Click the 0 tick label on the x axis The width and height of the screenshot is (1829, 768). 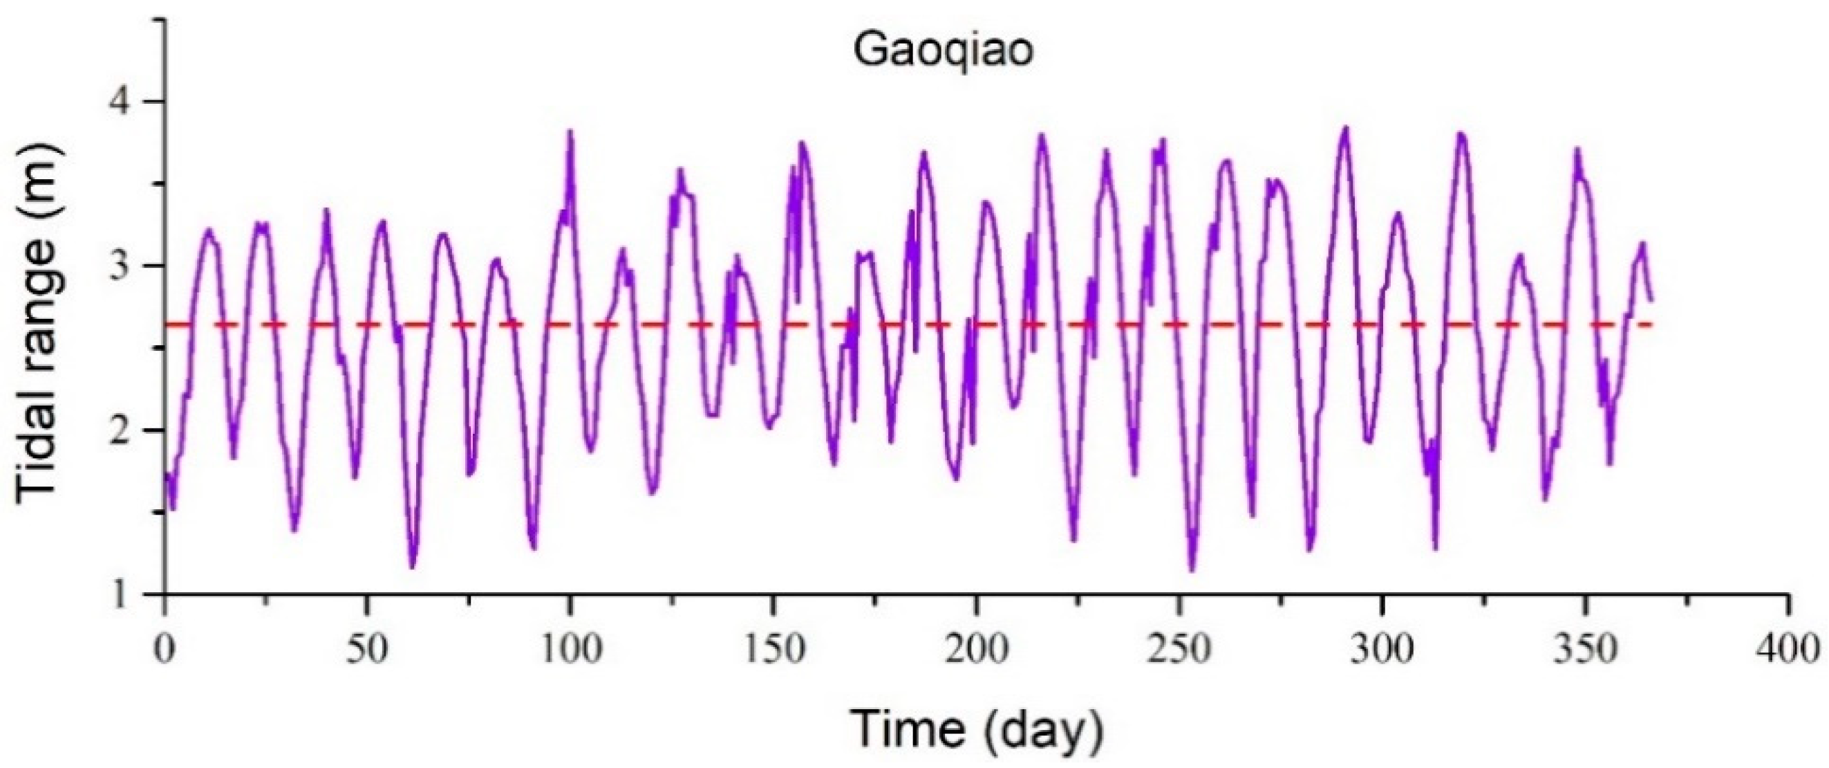click(165, 650)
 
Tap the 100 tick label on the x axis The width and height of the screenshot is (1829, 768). click(570, 650)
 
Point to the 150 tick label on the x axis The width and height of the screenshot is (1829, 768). click(773, 650)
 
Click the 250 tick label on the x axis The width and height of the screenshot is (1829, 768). click(1179, 650)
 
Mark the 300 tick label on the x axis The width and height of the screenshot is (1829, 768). click(1382, 650)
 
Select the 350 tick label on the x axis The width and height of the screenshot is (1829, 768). click(1585, 650)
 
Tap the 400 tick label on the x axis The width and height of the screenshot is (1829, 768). click(1788, 650)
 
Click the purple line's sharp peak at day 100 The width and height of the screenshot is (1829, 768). click(570, 131)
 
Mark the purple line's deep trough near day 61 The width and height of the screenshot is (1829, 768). click(413, 567)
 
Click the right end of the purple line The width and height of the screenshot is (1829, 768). click(1651, 300)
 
